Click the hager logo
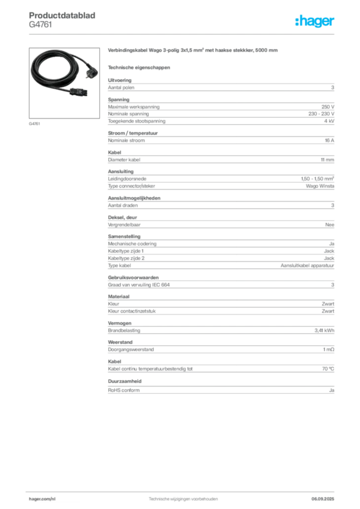pos(314,21)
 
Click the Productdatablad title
pos(62,15)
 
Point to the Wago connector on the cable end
pos(79,92)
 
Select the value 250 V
pos(328,107)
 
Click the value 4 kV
pos(329,121)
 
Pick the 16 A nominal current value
pos(330,140)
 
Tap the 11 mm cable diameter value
pos(327,160)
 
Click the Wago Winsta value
pos(320,186)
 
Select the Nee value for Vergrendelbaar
pos(330,225)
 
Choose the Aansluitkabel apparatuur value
pos(307,265)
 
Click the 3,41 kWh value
pos(324,331)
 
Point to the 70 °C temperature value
pos(328,369)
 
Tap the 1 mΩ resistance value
pos(329,349)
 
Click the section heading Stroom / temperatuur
pos(133,133)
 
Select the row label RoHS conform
pos(124,390)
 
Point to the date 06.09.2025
pos(323,499)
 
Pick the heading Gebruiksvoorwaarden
pos(133,277)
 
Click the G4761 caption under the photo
pos(34,124)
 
